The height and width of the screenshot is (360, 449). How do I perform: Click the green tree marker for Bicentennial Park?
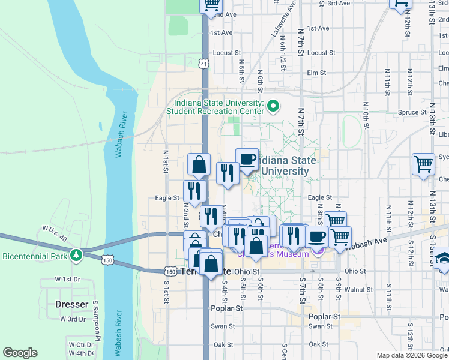[x=76, y=256]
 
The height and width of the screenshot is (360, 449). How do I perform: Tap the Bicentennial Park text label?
[x=34, y=256]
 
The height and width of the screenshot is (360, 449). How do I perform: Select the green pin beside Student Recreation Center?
[x=274, y=107]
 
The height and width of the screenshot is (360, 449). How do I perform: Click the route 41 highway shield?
[x=205, y=63]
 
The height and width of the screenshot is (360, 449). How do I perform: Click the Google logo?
[x=20, y=353]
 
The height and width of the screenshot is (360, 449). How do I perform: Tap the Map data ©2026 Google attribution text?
[x=412, y=355]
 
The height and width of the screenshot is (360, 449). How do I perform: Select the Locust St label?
[x=226, y=53]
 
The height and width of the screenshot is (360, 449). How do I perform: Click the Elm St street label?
[x=316, y=73]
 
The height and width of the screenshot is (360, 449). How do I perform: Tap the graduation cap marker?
[x=442, y=258]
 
